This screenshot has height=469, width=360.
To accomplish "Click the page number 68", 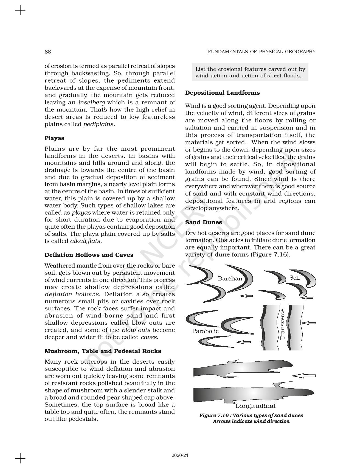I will point(48,52).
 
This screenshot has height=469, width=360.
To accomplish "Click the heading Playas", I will point(54,138).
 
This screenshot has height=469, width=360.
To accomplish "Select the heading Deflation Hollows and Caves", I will point(89,255).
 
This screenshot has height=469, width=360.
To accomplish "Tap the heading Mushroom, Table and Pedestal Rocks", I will point(103,351).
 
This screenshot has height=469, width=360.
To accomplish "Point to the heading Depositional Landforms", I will point(222,93).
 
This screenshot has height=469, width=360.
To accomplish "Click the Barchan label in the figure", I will point(230,279).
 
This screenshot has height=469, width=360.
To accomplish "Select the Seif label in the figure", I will point(295,278).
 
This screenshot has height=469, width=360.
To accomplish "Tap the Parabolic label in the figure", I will point(205,331).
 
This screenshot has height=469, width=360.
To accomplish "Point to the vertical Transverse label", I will point(282,324).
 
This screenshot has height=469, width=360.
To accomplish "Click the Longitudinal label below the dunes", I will point(255,406).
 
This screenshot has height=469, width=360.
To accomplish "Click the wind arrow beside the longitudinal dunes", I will point(304,376).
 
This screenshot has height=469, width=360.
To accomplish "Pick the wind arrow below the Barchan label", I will point(246,296).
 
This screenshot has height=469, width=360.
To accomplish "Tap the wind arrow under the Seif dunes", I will point(307,297).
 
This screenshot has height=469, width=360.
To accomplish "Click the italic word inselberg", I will point(92,102).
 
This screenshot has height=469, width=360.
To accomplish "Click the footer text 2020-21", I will point(180,455).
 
